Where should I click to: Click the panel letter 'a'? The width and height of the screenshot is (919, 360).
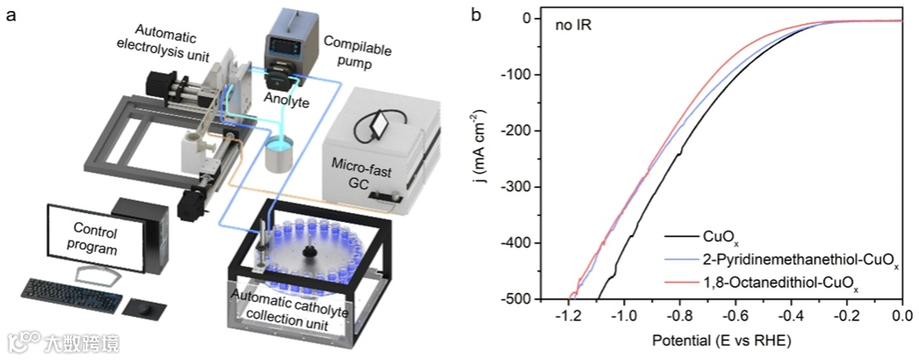(10, 15)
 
